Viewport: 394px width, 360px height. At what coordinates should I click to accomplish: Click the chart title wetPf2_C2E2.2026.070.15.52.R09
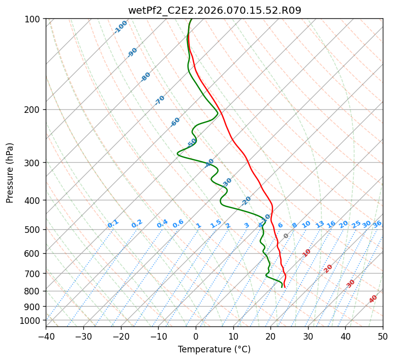(214, 10)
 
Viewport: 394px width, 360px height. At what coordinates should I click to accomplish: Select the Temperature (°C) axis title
(214, 349)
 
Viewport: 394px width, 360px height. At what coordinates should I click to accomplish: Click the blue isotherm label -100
(121, 27)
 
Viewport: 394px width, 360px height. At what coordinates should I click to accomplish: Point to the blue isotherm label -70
(160, 100)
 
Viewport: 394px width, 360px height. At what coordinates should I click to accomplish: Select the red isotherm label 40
(373, 299)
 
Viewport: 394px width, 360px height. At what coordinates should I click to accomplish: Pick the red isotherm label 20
(328, 268)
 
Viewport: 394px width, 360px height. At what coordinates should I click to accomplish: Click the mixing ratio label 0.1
(113, 224)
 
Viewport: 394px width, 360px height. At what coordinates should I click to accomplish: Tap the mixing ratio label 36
(377, 224)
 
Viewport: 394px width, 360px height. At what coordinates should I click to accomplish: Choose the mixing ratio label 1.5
(216, 224)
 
